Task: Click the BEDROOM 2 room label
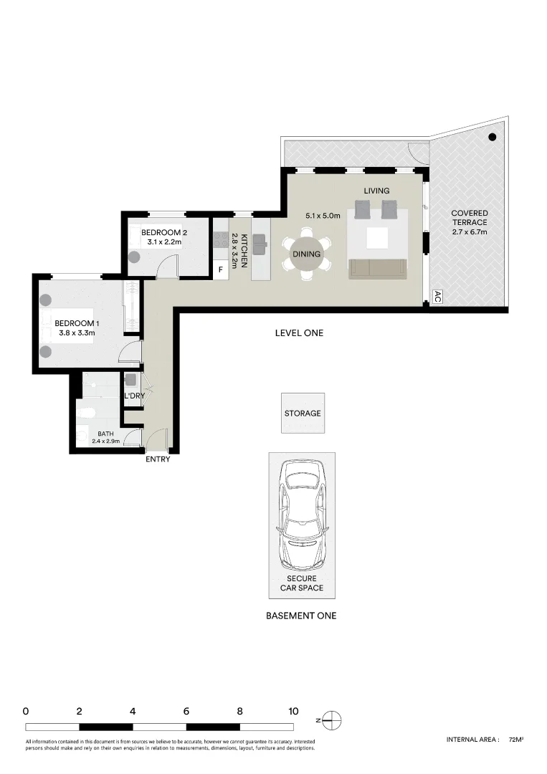[x=163, y=232]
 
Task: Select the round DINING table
[x=306, y=254]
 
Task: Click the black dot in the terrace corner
[x=493, y=137]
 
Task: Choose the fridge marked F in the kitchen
[x=221, y=270]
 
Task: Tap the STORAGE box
[x=303, y=414]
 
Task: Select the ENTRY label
[x=158, y=459]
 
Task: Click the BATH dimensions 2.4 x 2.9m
[x=105, y=441]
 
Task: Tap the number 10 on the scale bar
[x=293, y=712]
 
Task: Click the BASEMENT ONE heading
[x=301, y=616]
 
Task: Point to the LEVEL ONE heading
[x=300, y=333]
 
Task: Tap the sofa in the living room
[x=377, y=269]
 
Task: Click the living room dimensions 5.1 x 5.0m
[x=322, y=215]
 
